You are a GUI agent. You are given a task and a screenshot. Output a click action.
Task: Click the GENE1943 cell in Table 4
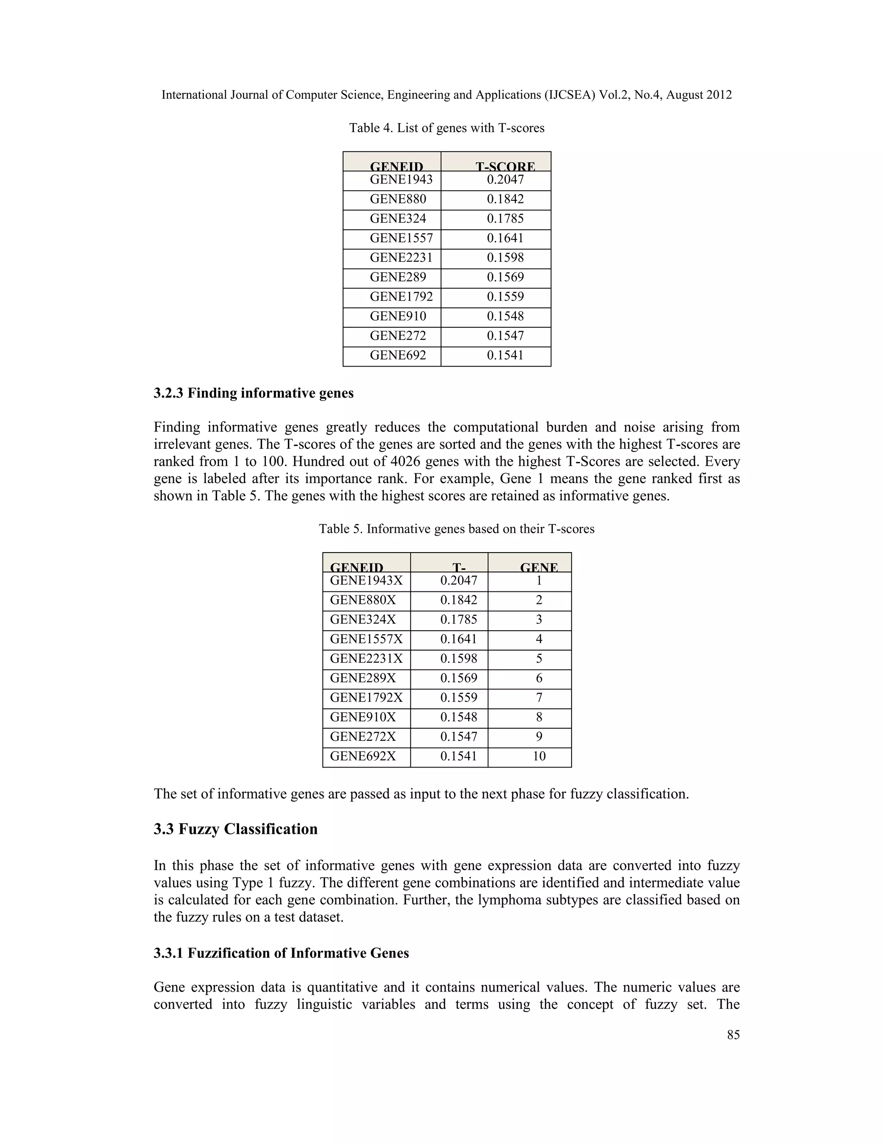pyautogui.click(x=401, y=180)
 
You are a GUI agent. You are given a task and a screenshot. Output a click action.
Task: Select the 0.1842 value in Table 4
pyautogui.click(x=505, y=199)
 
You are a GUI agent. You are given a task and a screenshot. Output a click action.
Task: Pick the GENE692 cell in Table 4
pyautogui.click(x=398, y=356)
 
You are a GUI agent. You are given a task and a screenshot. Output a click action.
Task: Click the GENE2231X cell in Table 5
pyautogui.click(x=366, y=659)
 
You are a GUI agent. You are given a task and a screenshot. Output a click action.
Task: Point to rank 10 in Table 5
pyautogui.click(x=539, y=756)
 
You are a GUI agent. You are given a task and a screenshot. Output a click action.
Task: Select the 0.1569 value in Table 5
pyautogui.click(x=459, y=678)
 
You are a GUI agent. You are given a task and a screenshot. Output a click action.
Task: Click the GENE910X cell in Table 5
pyautogui.click(x=363, y=717)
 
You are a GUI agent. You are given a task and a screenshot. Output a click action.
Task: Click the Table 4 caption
pyautogui.click(x=447, y=128)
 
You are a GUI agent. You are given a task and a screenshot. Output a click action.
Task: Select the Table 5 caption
pyautogui.click(x=457, y=529)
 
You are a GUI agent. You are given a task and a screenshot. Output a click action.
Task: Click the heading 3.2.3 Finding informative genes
pyautogui.click(x=253, y=393)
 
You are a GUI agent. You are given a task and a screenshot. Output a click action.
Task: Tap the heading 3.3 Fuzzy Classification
pyautogui.click(x=236, y=829)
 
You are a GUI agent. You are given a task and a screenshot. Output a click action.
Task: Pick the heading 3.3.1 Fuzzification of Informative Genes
pyautogui.click(x=281, y=953)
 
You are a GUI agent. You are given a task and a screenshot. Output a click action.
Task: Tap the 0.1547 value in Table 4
pyautogui.click(x=505, y=336)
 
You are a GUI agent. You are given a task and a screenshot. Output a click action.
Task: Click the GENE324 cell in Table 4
pyautogui.click(x=398, y=219)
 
